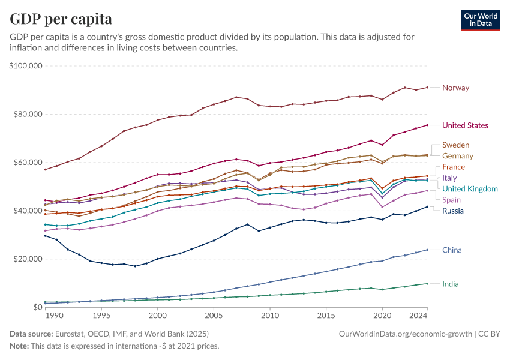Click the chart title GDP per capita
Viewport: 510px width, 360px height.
click(61, 19)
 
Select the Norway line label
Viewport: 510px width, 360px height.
click(455, 88)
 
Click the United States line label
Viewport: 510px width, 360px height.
click(465, 125)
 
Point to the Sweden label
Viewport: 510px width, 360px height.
click(455, 145)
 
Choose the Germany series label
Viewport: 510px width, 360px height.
click(458, 156)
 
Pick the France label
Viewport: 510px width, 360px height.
click(454, 167)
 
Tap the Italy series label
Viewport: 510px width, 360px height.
click(449, 178)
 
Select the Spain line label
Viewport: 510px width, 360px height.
click(452, 200)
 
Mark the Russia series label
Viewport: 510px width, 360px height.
click(453, 211)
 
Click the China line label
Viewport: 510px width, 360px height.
click(452, 250)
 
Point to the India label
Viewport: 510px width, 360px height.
click(451, 284)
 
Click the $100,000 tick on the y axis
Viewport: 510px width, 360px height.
click(25, 65)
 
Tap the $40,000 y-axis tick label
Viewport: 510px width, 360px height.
click(27, 211)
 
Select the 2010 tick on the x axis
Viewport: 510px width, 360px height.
click(270, 316)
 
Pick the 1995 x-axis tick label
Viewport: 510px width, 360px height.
click(101, 316)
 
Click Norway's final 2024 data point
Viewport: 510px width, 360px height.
click(427, 88)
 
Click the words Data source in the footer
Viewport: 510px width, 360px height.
click(30, 334)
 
